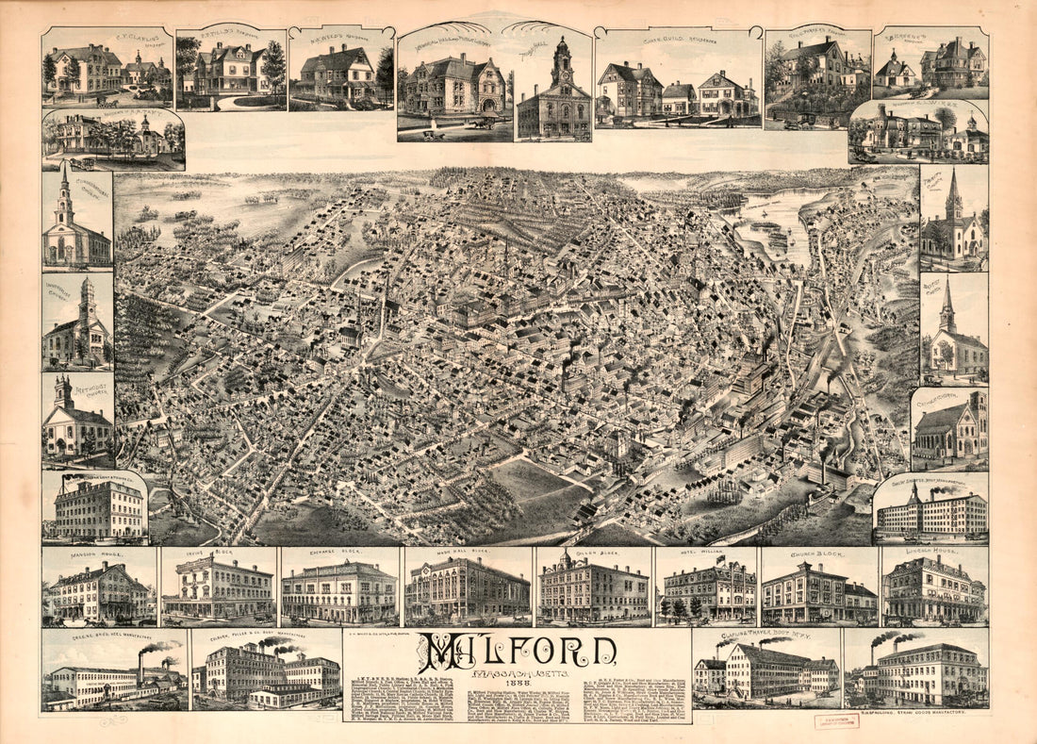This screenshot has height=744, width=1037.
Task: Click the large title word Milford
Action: [x=518, y=651]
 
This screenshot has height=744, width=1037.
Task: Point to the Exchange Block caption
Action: [x=337, y=555]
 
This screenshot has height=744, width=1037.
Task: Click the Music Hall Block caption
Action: [x=467, y=555]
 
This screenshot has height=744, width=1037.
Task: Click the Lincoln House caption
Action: [x=934, y=555]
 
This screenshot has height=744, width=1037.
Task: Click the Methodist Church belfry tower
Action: [x=63, y=391]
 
